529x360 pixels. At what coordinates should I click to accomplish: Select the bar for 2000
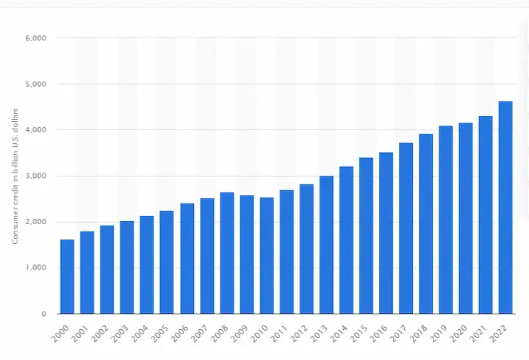click(67, 277)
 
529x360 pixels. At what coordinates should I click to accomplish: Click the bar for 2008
click(227, 253)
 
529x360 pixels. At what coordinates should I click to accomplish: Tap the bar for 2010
click(267, 256)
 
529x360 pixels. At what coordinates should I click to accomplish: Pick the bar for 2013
click(326, 245)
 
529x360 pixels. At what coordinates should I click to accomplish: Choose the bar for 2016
click(386, 233)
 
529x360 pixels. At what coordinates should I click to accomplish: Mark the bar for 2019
click(446, 220)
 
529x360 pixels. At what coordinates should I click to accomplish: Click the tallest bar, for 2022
click(505, 207)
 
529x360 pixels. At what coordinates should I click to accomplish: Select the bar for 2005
click(167, 262)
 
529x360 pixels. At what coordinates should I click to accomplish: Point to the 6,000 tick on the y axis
click(36, 38)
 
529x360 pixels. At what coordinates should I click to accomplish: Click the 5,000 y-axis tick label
click(36, 84)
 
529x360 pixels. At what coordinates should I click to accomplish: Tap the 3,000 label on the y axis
click(36, 176)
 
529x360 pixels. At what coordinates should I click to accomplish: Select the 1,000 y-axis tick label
click(36, 267)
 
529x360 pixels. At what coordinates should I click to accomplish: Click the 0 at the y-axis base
click(44, 314)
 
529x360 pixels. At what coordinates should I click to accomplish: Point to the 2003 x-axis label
click(120, 334)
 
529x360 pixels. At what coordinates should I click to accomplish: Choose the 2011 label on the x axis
click(280, 334)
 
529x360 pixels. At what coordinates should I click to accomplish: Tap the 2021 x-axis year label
click(479, 334)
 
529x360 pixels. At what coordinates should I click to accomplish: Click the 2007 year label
click(200, 334)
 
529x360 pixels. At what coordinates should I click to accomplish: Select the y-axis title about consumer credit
click(15, 176)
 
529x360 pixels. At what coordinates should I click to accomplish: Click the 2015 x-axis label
click(359, 334)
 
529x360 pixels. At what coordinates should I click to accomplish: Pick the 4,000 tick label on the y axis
click(36, 130)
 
